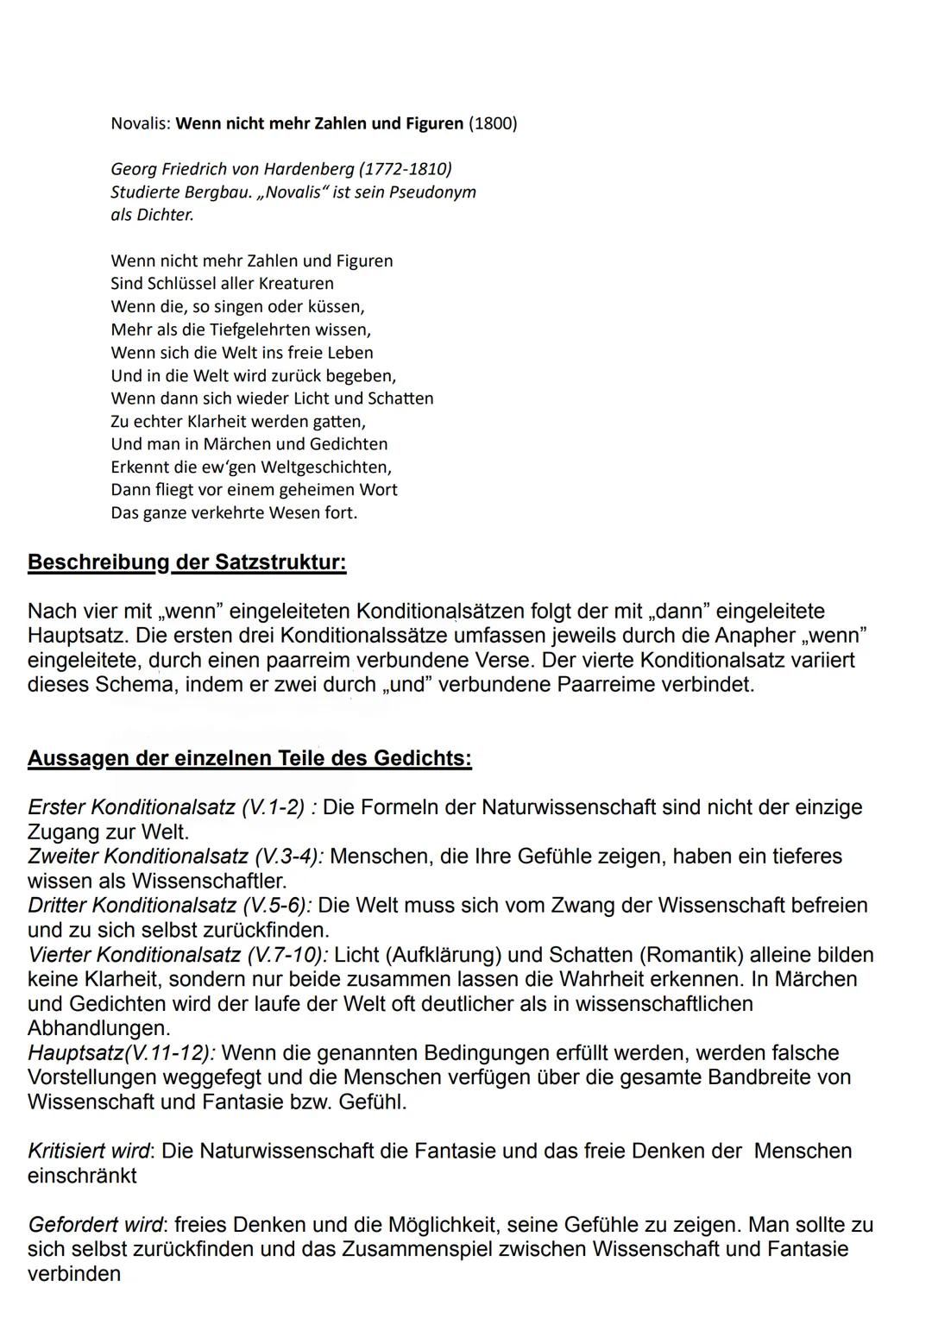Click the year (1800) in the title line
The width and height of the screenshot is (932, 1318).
(493, 123)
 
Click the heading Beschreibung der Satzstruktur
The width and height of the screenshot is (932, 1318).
(186, 562)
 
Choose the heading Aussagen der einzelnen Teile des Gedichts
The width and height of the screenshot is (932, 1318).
(249, 758)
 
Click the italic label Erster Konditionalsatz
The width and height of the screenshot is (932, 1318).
(131, 807)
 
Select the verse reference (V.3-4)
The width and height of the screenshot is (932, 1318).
(288, 857)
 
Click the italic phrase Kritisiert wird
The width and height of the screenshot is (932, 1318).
(89, 1151)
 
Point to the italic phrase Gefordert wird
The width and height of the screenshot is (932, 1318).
(96, 1225)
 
